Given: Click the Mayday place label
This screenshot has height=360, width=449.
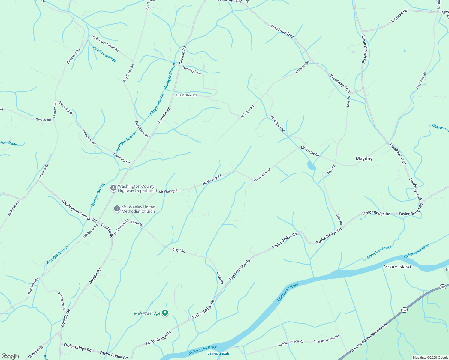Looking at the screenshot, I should (x=364, y=158).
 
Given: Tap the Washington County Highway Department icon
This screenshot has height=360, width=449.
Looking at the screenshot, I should (x=113, y=188).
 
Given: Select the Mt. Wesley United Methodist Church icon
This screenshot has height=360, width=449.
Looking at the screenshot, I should (x=117, y=209).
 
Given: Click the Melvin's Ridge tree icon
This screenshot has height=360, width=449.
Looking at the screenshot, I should (x=165, y=313).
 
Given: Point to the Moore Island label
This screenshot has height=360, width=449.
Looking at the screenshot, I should (x=397, y=267).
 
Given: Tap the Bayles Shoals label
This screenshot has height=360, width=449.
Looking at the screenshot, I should (x=218, y=353).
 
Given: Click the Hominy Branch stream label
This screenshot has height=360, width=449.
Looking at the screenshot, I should (x=104, y=54).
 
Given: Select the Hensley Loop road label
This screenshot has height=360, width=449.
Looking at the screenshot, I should (x=192, y=71).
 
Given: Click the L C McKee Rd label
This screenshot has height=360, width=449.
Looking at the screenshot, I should (x=186, y=95).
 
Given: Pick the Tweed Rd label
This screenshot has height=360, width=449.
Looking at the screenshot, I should (x=44, y=119).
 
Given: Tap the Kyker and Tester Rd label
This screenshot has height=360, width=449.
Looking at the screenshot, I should (x=106, y=43).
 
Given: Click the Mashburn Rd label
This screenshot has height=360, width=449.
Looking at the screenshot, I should (x=277, y=124).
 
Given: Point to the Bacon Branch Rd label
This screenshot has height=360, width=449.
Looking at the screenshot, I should (x=363, y=49).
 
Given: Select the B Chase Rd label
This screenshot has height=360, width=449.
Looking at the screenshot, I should (x=399, y=16).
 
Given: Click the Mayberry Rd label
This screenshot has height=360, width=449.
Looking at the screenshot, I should (x=421, y=80).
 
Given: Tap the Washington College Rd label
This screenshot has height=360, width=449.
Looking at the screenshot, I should (x=79, y=211).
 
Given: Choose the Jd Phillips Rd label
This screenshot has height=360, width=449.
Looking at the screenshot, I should (x=62, y=301).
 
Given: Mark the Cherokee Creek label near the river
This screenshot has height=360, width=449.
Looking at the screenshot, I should (x=379, y=252).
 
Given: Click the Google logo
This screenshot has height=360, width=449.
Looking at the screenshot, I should (x=10, y=356).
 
